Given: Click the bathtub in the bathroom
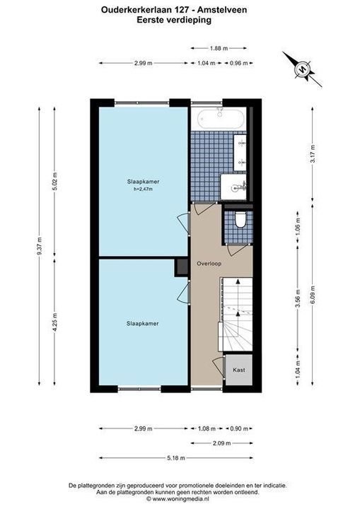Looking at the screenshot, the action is [x=221, y=119].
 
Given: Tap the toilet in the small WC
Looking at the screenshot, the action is [x=240, y=220].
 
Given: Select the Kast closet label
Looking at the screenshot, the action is [x=239, y=370].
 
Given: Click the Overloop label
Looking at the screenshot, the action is [x=209, y=264].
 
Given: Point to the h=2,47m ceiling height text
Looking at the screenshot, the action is [x=144, y=189].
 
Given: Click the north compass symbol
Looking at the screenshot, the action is [x=302, y=69].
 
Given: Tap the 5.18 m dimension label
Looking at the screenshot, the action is [x=176, y=458].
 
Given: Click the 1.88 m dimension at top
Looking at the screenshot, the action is [x=219, y=48].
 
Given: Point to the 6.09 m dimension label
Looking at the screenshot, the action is [x=313, y=294].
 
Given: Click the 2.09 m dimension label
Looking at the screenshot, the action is [x=221, y=443].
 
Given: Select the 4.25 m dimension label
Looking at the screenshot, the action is [x=54, y=322].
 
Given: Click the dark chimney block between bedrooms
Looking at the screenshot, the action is [x=182, y=267].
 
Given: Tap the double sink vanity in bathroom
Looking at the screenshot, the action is [x=240, y=153].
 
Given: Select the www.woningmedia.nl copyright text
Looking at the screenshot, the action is [x=178, y=498].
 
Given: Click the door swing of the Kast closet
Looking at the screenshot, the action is [x=219, y=366].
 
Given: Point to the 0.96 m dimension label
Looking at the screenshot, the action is [x=239, y=64].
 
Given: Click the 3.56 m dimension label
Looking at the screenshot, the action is [x=298, y=298].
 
